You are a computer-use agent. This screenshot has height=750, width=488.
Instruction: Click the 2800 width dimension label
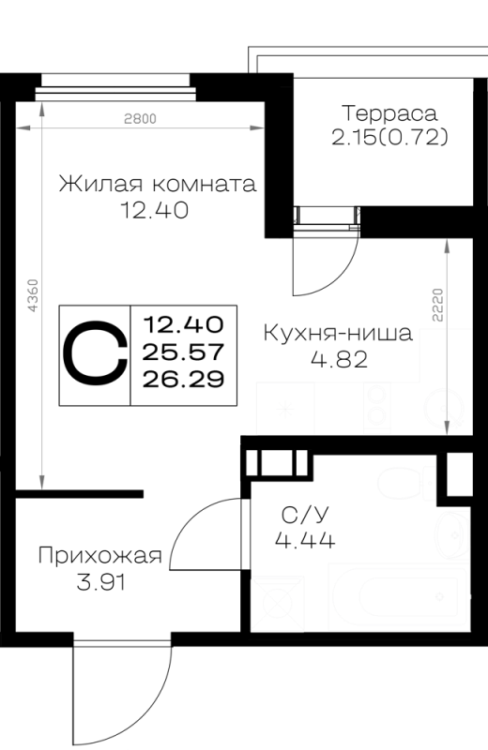pyautogui.click(x=140, y=118)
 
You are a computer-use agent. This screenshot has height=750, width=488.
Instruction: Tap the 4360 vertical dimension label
pyautogui.click(x=33, y=295)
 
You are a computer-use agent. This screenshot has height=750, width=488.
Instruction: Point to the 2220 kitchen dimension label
pyautogui.click(x=438, y=305)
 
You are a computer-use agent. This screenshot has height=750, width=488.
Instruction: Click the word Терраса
pyautogui.click(x=389, y=113)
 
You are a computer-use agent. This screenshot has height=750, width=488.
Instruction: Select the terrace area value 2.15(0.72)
pyautogui.click(x=389, y=138)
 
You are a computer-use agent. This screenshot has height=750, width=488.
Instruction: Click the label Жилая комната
pyautogui.click(x=157, y=184)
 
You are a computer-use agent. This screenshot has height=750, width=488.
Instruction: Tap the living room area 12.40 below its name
pyautogui.click(x=154, y=210)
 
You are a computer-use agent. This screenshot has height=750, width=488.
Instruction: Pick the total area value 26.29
pyautogui.click(x=183, y=380)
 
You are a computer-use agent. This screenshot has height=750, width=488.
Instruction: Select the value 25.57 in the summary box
pyautogui.click(x=183, y=352)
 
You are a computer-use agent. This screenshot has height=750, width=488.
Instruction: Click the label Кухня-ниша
pyautogui.click(x=338, y=333)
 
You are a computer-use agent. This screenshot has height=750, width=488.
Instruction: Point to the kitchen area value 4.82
pyautogui.click(x=339, y=359)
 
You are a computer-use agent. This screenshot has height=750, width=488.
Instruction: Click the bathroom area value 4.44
pyautogui.click(x=305, y=541)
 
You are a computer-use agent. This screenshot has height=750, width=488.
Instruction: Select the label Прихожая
pyautogui.click(x=100, y=556)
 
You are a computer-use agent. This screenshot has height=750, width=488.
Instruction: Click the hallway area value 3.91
pyautogui.click(x=100, y=582)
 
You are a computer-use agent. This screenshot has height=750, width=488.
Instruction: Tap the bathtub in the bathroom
pyautogui.click(x=398, y=597)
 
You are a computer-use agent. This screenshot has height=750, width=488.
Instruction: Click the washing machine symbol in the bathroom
pyautogui.click(x=278, y=603)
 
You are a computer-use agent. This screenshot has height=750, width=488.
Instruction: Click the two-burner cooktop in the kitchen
pyautogui.click(x=377, y=408)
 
